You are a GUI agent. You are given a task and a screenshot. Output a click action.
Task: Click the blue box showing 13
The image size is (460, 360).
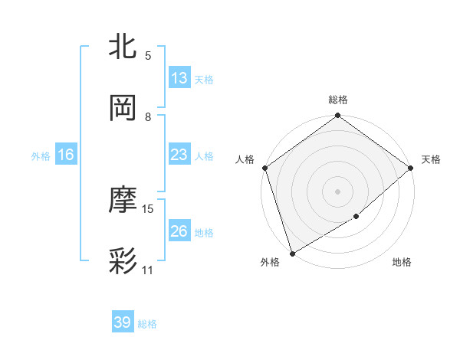coord(179,78)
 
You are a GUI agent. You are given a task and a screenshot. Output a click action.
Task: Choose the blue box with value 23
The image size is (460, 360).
coord(179,155)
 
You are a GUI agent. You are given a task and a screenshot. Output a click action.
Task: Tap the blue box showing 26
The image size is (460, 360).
coord(179,231)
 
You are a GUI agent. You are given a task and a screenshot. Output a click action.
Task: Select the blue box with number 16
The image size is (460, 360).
coord(65,155)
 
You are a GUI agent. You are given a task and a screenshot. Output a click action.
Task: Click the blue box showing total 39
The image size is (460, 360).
coord(122,322)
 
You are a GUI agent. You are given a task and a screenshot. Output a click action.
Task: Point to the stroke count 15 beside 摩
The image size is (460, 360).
coord(148,208)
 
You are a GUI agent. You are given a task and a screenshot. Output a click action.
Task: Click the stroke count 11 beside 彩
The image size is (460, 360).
coord(148,270)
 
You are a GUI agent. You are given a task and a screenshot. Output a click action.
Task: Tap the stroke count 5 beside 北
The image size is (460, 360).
coord(148,55)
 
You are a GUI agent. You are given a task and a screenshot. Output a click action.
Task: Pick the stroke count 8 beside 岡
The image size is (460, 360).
coord(148,116)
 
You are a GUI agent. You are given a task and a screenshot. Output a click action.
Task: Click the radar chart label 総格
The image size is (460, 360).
coord(337,100)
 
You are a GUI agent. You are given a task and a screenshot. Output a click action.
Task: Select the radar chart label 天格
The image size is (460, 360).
coord(431,159)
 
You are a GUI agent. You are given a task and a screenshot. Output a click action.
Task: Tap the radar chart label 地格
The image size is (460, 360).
coord(402,262)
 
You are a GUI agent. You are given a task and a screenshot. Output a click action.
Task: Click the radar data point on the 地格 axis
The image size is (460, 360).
coord(356,217)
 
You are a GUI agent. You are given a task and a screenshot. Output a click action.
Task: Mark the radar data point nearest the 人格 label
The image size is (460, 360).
coord(264,168)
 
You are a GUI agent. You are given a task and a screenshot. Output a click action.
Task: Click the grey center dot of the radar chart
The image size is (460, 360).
coord(337,191)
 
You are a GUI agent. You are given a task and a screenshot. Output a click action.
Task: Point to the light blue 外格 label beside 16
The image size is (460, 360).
coord(41,155)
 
